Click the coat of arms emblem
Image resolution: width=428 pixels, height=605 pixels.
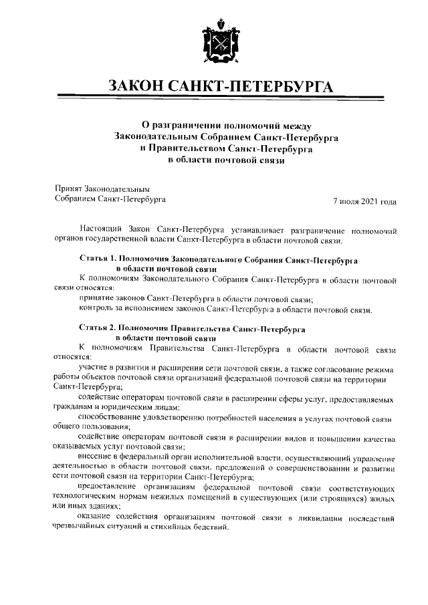tap(214, 42)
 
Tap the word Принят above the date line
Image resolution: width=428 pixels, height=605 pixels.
tap(68, 189)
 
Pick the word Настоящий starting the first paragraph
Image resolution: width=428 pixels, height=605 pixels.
tap(100, 229)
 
